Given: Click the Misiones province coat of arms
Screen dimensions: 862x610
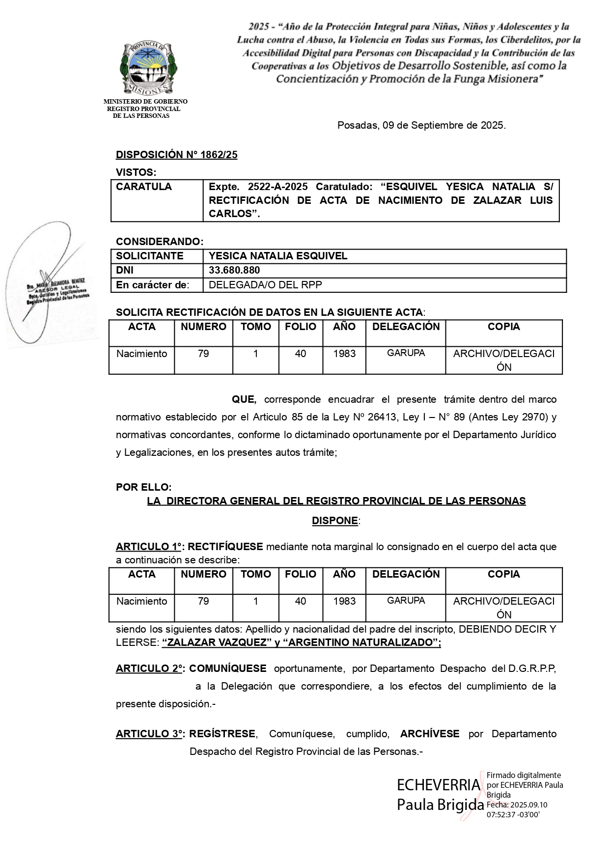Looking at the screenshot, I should [x=148, y=68].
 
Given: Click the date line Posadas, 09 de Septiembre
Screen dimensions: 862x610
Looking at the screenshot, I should [x=421, y=125].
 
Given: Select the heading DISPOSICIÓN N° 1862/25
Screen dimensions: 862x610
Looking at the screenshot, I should [x=176, y=155].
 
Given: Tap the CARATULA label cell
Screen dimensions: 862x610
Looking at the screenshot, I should [x=144, y=187].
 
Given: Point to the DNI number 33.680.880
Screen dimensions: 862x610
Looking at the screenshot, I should [x=234, y=271].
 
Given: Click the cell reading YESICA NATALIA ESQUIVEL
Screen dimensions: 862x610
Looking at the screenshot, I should [x=278, y=256].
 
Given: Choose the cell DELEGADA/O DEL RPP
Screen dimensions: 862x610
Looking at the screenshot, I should [x=265, y=285].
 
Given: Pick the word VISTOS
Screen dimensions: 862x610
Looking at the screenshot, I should [x=136, y=172].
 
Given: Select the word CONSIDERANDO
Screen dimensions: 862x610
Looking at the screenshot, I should [x=159, y=242].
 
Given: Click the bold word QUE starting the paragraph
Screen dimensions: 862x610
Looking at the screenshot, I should [x=244, y=400].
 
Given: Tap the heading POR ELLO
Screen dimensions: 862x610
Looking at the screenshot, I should [x=143, y=487].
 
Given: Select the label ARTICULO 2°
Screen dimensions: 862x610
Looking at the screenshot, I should [x=150, y=668].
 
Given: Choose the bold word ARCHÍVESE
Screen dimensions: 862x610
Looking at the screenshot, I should [x=430, y=734].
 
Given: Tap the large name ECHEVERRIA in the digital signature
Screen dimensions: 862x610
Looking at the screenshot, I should [x=439, y=785].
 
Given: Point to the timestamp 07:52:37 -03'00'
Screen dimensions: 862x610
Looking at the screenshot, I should [x=513, y=814].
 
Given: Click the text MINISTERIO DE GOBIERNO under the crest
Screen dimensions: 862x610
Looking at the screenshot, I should [x=145, y=102].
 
